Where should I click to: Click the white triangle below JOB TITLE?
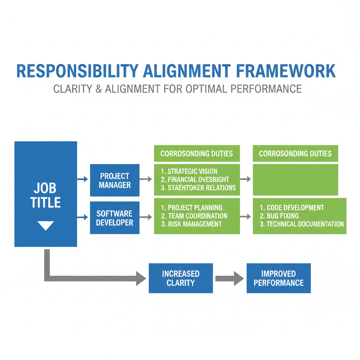click(46, 225)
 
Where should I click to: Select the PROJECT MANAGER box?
click(115, 180)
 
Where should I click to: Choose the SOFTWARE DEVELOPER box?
click(115, 218)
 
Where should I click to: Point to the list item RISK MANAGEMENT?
click(191, 224)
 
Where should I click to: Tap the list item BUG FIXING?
click(279, 216)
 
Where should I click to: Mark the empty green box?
click(295, 179)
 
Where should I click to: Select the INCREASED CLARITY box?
click(181, 278)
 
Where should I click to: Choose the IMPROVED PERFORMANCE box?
click(278, 278)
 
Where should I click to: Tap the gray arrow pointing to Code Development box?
click(246, 217)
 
